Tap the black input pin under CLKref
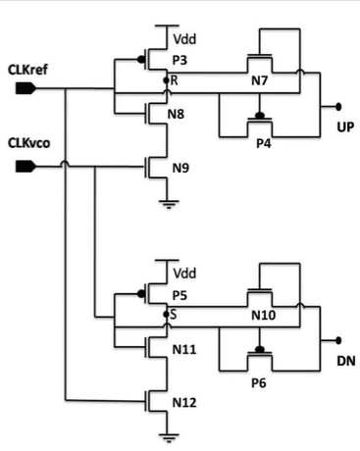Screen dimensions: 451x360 pos(26,88)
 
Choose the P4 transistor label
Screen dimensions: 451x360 pos(260,139)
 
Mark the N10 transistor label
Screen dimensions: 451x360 pos(263,318)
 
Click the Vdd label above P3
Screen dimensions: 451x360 pos(183,42)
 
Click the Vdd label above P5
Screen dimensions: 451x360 pos(183,276)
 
